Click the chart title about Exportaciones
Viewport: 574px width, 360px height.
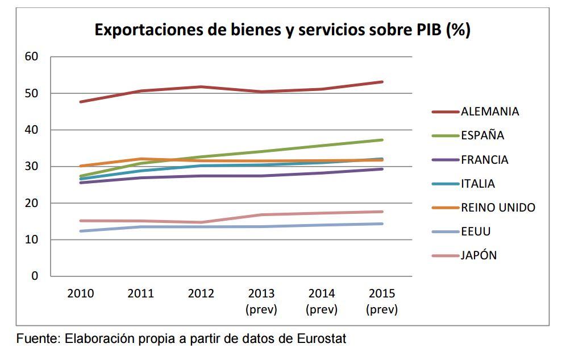pos(282,30)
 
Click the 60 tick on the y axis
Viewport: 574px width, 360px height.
pos(31,57)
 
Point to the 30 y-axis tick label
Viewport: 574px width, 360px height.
pos(31,167)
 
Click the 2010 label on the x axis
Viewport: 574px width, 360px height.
pos(81,294)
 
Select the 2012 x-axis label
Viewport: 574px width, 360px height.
pos(201,294)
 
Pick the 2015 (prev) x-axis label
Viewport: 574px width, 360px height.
pos(382,301)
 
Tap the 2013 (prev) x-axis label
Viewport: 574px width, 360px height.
pos(261,301)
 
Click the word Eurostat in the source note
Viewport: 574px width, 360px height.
pos(321,339)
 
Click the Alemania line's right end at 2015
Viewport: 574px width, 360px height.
pos(382,82)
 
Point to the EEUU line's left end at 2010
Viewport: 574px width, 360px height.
pos(81,231)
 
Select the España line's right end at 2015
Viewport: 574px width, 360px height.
pos(382,140)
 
